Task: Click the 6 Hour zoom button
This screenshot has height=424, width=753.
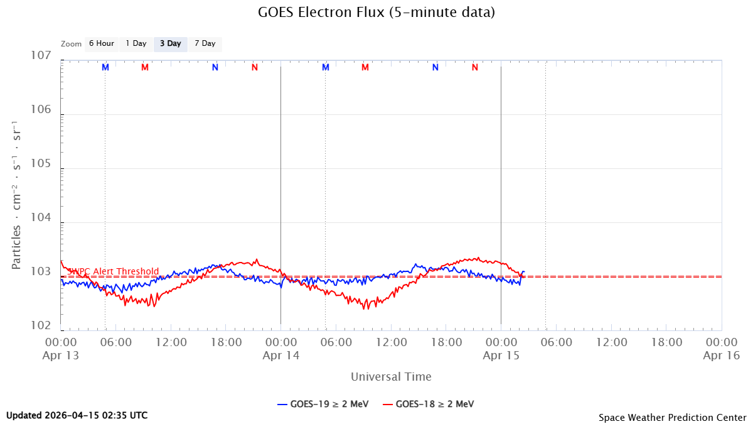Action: click(101, 43)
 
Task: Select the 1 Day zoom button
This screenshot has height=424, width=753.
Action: click(136, 43)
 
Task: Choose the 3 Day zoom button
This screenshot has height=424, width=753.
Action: click(170, 43)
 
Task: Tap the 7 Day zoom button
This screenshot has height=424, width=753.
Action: click(205, 43)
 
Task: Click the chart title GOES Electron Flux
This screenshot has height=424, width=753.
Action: click(376, 12)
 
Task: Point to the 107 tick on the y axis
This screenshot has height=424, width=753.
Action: click(41, 56)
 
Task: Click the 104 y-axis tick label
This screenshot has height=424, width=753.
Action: click(41, 218)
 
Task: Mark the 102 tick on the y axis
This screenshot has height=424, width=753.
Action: click(41, 326)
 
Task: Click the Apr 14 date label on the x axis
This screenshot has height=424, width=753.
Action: click(280, 355)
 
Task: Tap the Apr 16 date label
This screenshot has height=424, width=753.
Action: click(721, 355)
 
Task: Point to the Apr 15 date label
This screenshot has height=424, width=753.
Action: click(501, 355)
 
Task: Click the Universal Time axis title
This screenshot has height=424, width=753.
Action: click(391, 377)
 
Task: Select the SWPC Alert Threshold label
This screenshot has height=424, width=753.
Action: click(113, 271)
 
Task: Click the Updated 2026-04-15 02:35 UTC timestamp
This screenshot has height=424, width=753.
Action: click(77, 415)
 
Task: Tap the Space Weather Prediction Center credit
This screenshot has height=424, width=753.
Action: click(672, 417)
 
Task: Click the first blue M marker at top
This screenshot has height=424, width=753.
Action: click(105, 67)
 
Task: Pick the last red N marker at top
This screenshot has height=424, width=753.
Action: click(475, 67)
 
